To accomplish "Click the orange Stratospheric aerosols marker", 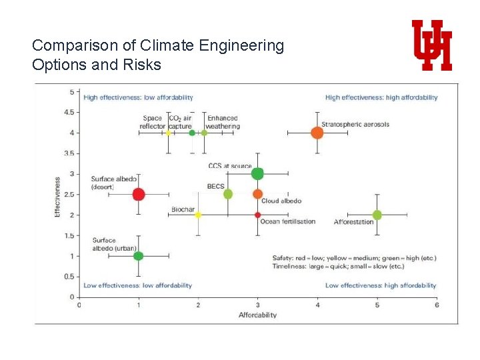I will (317, 133).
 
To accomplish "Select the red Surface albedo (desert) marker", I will (139, 195).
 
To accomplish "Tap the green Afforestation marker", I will (377, 215).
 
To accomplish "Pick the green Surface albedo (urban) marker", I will (139, 255).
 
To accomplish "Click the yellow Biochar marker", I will (198, 215).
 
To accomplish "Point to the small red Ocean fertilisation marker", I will (258, 215).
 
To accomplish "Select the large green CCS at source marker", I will (258, 174).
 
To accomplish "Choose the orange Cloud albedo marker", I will (258, 194).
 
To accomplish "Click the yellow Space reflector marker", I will (169, 133).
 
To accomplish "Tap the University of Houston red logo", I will (432, 45).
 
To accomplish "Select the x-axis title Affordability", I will (257, 315).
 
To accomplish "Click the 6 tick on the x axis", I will (437, 305).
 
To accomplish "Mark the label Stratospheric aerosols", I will (355, 125).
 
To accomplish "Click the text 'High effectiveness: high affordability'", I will (381, 97).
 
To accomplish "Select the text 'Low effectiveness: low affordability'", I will (137, 285).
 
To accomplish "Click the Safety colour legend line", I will (354, 258).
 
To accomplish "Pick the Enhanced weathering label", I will (222, 122).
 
